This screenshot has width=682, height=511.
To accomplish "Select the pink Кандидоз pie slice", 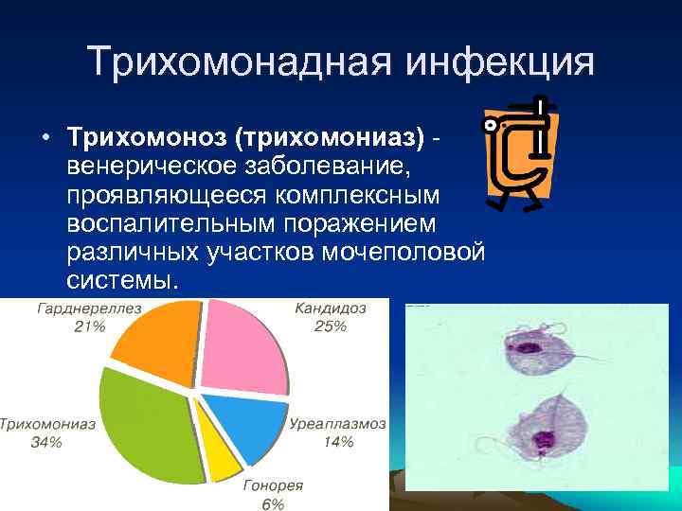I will pyautogui.click(x=247, y=345).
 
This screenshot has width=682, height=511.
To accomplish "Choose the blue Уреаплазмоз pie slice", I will pyautogui.click(x=245, y=425).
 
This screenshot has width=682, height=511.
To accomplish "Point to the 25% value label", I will pyautogui.click(x=332, y=326).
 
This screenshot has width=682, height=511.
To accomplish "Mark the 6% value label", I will pyautogui.click(x=273, y=503).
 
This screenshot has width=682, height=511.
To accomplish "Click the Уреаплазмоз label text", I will pyautogui.click(x=335, y=424).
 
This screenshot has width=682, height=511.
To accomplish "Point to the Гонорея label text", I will pyautogui.click(x=273, y=485).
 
